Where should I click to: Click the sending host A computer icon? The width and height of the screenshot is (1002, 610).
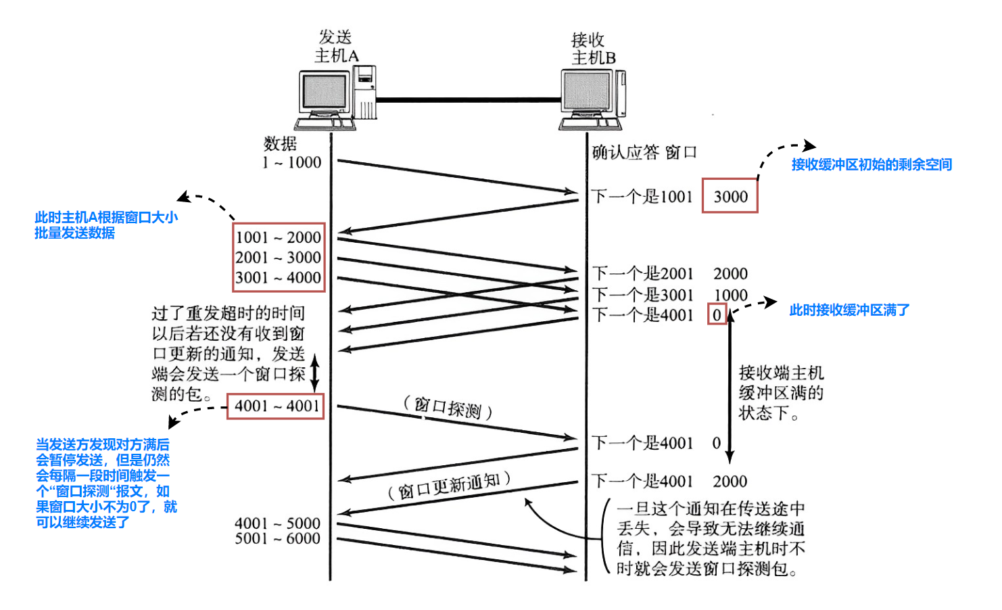pyautogui.click(x=335, y=99)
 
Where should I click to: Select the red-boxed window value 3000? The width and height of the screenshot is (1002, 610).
pyautogui.click(x=730, y=196)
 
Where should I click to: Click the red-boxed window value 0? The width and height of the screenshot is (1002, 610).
pyautogui.click(x=717, y=314)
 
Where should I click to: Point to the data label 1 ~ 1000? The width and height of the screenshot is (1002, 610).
pyautogui.click(x=292, y=162)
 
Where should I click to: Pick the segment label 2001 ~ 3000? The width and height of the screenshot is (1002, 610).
pyautogui.click(x=278, y=258)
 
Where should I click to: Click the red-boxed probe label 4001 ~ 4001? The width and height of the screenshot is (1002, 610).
pyautogui.click(x=277, y=406)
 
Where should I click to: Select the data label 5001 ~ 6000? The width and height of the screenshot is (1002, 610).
pyautogui.click(x=277, y=538)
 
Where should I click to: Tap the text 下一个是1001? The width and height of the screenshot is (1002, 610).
pyautogui.click(x=642, y=197)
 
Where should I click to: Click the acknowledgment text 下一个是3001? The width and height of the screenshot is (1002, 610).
pyautogui.click(x=643, y=295)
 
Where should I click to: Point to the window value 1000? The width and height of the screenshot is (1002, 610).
pyautogui.click(x=730, y=295)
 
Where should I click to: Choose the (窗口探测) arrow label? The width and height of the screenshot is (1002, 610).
pyautogui.click(x=448, y=408)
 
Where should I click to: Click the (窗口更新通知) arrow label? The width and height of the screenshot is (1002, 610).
pyautogui.click(x=449, y=486)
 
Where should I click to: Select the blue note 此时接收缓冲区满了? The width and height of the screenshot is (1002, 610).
pyautogui.click(x=849, y=310)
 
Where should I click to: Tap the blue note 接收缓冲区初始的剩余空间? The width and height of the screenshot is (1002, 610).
pyautogui.click(x=872, y=164)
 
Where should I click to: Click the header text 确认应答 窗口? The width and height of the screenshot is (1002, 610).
pyautogui.click(x=644, y=152)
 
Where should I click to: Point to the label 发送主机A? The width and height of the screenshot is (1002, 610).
pyautogui.click(x=336, y=46)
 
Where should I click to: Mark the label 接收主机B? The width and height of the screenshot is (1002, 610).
pyautogui.click(x=593, y=49)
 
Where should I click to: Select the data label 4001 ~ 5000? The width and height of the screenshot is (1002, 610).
pyautogui.click(x=277, y=523)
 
